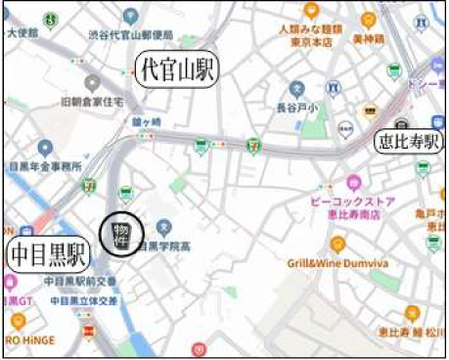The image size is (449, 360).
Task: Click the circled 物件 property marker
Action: (121, 234)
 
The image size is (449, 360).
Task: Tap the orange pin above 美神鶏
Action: (368, 20)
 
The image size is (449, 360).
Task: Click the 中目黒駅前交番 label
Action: (87, 285)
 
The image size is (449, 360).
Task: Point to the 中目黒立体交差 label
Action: (82, 300)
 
